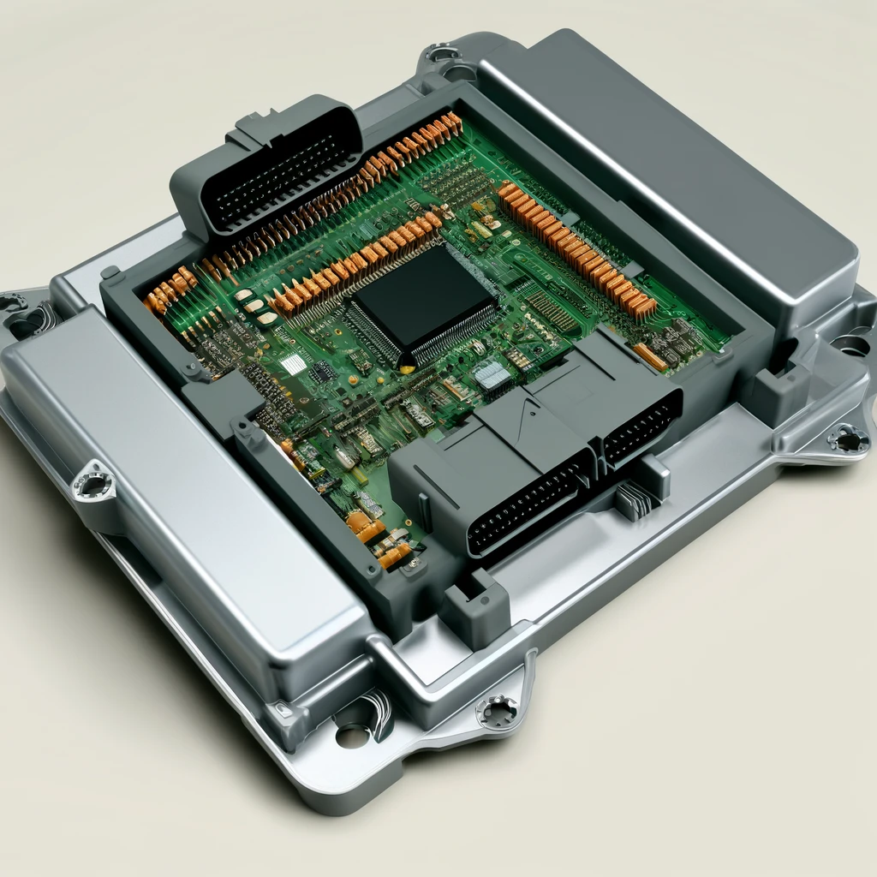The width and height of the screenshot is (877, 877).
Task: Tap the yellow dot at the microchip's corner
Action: coord(405,369)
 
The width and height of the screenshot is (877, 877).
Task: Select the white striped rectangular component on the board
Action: coord(293,364)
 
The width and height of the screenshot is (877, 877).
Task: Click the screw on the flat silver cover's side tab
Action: coord(92,485)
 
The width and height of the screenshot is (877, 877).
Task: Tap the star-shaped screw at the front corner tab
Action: coord(498,709)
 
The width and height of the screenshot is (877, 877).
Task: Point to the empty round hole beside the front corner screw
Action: coord(353,734)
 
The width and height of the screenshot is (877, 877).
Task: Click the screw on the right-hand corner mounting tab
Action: coord(848,440)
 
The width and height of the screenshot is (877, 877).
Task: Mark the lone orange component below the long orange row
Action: coord(650,357)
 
